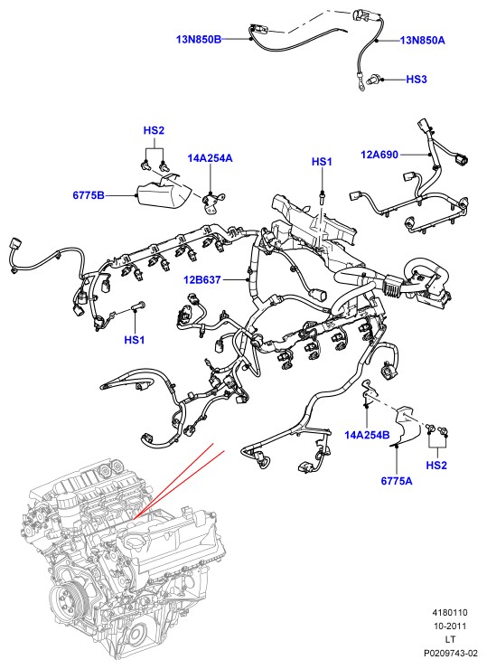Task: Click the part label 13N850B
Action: [x=199, y=40]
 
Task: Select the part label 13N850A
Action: [x=423, y=41]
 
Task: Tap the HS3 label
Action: [x=417, y=80]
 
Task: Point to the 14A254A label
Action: [x=210, y=158]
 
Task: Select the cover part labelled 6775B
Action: [x=164, y=194]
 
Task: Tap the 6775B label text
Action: [x=89, y=195]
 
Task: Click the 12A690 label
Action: [x=379, y=155]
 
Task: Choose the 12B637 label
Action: [x=202, y=280]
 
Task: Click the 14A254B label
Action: [x=367, y=435]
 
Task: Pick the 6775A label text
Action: [x=397, y=481]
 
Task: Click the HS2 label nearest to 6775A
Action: [x=436, y=465]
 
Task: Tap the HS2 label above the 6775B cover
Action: [x=154, y=130]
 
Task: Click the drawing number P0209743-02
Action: [x=450, y=653]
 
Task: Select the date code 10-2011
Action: [x=450, y=626]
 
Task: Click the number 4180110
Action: [x=450, y=612]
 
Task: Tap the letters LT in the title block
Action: [x=450, y=639]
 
